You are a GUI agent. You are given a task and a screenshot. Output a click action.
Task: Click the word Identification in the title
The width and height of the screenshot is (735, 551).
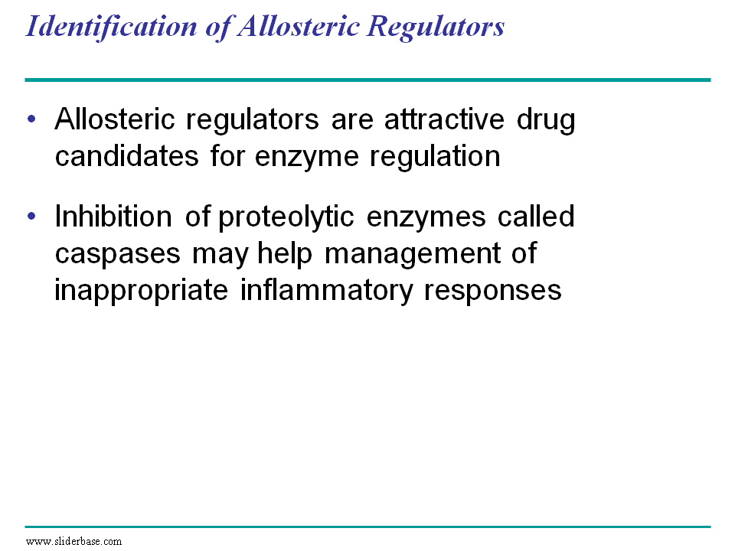click(x=112, y=26)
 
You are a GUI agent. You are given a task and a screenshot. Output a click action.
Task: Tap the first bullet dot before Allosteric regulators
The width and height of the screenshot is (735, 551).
click(x=31, y=119)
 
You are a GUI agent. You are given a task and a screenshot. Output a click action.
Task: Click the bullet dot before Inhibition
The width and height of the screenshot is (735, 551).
click(x=31, y=216)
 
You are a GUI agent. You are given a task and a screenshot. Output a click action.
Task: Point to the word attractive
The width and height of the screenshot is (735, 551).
click(x=444, y=119)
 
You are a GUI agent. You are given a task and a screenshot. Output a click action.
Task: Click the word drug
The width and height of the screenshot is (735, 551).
click(x=546, y=121)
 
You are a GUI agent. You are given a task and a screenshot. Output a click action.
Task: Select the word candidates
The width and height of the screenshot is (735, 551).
click(x=126, y=156)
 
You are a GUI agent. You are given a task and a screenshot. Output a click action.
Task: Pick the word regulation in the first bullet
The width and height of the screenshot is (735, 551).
click(x=435, y=158)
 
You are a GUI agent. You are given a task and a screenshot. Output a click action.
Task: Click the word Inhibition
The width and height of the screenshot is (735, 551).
click(x=113, y=217)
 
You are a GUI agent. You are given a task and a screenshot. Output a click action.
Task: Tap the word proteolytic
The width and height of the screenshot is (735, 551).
click(x=286, y=218)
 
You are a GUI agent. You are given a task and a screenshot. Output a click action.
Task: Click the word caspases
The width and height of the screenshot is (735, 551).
click(x=118, y=256)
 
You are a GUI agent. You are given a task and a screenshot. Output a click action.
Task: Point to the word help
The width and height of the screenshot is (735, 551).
click(x=285, y=254)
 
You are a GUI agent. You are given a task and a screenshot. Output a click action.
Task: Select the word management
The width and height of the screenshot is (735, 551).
click(x=413, y=256)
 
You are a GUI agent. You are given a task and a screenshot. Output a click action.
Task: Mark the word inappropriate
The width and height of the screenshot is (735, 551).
click(x=141, y=292)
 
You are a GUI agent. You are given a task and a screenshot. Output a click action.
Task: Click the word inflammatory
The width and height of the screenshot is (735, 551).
click(x=327, y=292)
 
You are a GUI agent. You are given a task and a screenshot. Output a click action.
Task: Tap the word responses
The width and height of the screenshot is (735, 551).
click(x=492, y=292)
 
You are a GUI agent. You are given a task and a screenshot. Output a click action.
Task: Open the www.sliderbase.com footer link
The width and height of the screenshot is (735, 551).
click(x=73, y=542)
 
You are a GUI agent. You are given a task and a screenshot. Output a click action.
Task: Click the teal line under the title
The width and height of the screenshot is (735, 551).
click(x=367, y=80)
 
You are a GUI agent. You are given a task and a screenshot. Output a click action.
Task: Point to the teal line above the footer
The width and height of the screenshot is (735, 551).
click(x=367, y=527)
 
